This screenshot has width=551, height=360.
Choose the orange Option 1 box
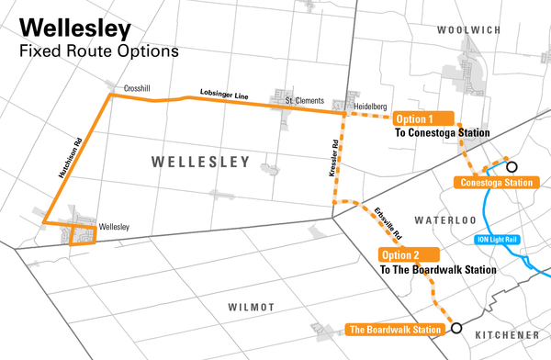[424, 119]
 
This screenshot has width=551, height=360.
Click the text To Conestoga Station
[441, 134]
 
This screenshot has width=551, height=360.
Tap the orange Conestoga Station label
[493, 183]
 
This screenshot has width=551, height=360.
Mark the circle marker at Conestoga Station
[512, 167]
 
